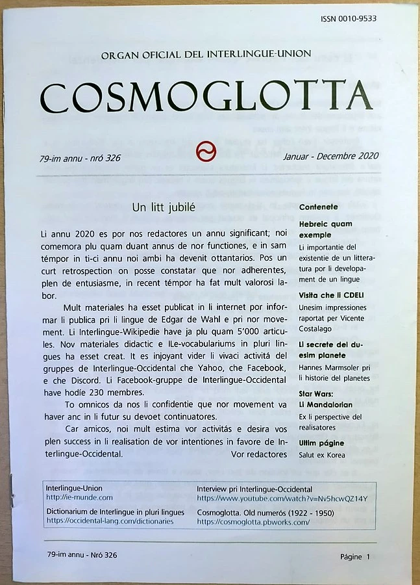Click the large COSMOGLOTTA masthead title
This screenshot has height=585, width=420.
click(206, 97)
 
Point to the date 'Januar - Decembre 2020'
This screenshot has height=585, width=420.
click(330, 156)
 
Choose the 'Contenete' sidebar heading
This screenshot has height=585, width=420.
click(319, 207)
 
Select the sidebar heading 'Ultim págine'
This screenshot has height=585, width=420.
click(321, 443)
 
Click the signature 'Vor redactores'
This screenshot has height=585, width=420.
click(259, 454)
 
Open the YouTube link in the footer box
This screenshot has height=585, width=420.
click(282, 499)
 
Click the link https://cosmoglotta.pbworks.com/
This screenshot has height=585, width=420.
click(253, 522)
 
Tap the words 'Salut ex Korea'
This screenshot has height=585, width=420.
click(322, 455)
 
